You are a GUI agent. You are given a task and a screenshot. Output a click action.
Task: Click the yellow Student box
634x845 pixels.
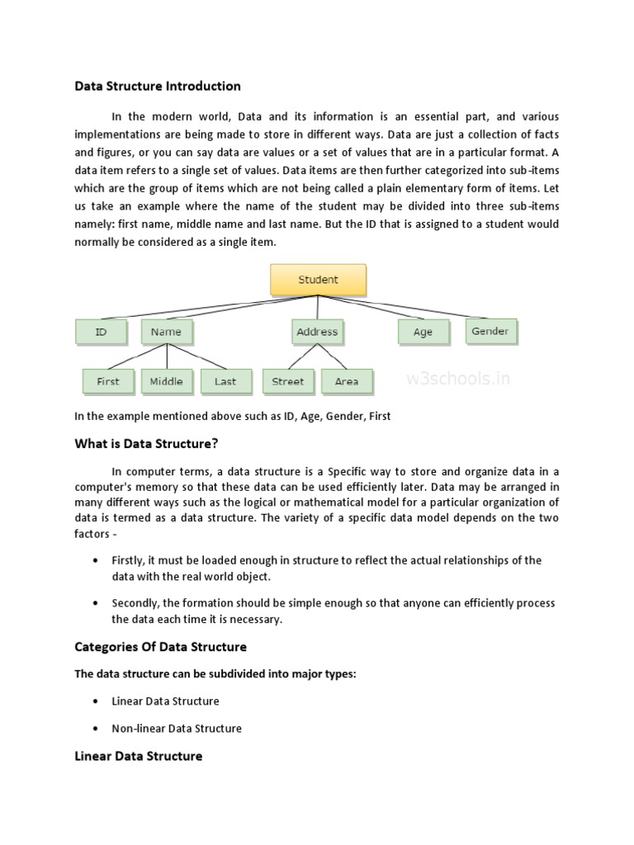(318, 280)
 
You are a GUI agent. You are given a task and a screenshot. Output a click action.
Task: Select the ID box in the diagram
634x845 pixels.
(102, 332)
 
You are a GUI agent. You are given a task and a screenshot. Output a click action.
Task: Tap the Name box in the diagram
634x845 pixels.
(167, 332)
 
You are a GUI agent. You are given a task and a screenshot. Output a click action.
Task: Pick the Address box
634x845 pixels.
(317, 332)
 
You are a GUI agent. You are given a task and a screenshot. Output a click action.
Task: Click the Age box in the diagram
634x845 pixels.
(423, 332)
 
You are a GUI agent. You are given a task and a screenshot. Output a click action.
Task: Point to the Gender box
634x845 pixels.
(490, 331)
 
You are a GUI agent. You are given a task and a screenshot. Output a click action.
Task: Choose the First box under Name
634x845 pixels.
(108, 381)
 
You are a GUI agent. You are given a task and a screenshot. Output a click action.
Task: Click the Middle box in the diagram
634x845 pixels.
(167, 381)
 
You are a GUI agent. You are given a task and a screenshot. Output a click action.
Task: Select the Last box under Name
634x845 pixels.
(225, 381)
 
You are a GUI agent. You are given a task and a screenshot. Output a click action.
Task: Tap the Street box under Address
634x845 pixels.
(288, 381)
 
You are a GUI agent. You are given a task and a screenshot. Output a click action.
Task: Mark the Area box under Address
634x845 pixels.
(347, 381)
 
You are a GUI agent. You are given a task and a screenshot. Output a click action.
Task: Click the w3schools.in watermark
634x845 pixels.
(458, 380)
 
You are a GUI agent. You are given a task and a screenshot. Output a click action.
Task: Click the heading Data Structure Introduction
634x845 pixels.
(158, 86)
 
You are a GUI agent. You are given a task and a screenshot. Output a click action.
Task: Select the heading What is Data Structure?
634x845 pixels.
(146, 443)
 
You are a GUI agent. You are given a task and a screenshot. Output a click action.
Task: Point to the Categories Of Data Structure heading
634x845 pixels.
(161, 646)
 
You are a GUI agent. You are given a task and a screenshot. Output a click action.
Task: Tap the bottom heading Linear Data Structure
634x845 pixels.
(139, 756)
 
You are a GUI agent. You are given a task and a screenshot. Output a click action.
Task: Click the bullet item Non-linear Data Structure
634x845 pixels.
(177, 729)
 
